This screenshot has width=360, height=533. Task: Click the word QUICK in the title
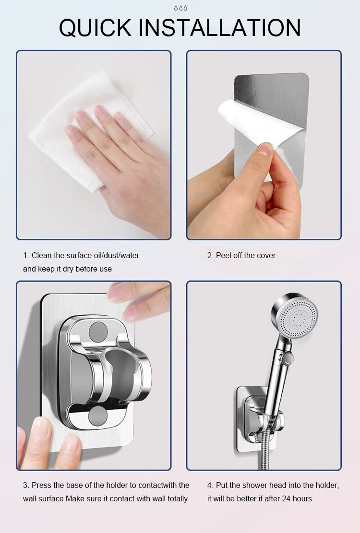[x=95, y=28]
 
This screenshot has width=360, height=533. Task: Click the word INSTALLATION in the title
[x=220, y=27]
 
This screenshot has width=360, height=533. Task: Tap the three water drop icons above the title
[x=180, y=8]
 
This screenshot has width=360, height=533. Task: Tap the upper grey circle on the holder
[x=98, y=331]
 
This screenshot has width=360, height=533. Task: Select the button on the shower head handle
[x=288, y=358]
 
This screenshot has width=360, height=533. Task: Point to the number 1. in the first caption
[x=26, y=255]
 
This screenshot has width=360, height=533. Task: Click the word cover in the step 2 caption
[x=266, y=255]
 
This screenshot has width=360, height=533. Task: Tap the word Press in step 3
[x=41, y=485]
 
